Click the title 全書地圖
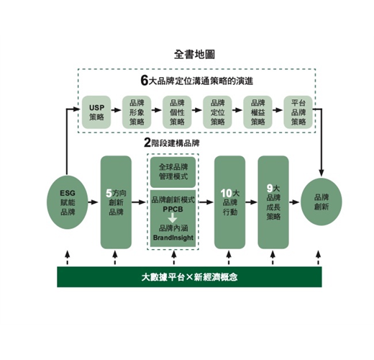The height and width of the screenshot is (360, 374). coord(194,55)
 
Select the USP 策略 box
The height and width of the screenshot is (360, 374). coord(96,112)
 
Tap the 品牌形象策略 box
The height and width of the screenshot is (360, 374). coord(137,112)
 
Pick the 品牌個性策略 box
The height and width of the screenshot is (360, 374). coord(177,112)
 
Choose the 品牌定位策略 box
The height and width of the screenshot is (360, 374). coord(217,112)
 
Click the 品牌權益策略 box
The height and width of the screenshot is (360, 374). coord(257,112)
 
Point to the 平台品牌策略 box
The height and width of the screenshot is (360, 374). coord(298,112)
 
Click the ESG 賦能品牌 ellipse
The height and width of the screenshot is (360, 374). coord(68,202)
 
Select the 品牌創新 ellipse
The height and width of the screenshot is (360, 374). coord(321,202)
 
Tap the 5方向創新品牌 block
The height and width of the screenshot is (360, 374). coord(116,202)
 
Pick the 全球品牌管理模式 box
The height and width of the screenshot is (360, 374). coord(173,172)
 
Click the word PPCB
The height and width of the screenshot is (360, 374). coord(173,210)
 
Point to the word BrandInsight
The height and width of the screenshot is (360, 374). coord(173,238)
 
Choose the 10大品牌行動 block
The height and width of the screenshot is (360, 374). coord(229,202)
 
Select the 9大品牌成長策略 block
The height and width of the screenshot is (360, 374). coord(273,202)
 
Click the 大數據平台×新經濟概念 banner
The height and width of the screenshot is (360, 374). coord(189,276)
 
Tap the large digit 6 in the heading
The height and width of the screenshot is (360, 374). coord(145,80)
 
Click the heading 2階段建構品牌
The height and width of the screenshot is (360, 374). coord(172,143)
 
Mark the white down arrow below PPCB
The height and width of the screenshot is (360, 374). coord(173,217)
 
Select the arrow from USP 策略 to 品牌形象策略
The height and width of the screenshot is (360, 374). coord(116,110)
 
